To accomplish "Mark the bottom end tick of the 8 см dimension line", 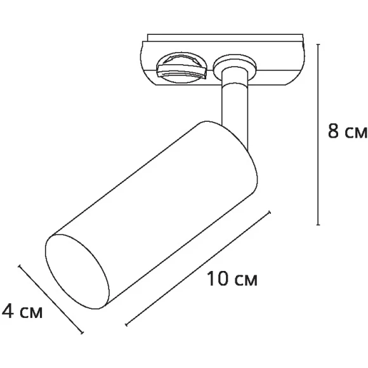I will point(317,225).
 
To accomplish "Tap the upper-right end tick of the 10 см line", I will point(272,213).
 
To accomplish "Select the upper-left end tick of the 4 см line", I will point(20,266).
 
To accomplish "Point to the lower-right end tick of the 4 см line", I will point(82,332).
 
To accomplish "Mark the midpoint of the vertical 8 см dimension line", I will point(317,135).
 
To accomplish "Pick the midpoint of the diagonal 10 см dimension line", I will point(199,269).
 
